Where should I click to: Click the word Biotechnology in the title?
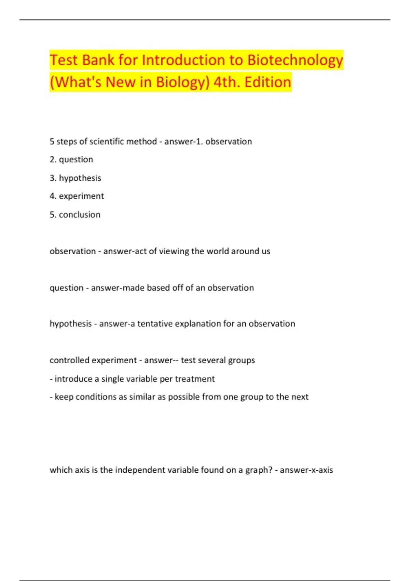[x=295, y=60]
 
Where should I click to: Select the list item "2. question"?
[x=71, y=160]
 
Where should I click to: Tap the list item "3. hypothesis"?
[x=76, y=178]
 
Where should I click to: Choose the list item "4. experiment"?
[x=77, y=196]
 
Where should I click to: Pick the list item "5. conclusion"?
[x=75, y=215]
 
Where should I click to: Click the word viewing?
[x=174, y=251]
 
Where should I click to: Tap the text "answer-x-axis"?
[x=306, y=470]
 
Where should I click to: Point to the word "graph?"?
[x=259, y=470]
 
